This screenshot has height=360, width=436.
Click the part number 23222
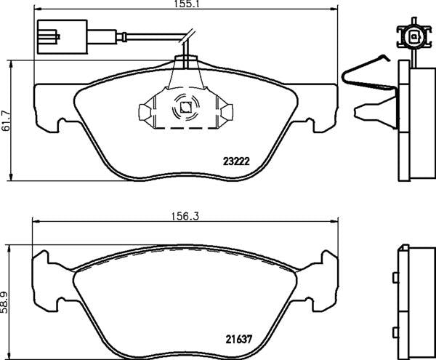(235, 161)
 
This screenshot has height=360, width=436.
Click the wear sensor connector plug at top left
(57, 33)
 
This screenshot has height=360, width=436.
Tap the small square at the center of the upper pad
(185, 110)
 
